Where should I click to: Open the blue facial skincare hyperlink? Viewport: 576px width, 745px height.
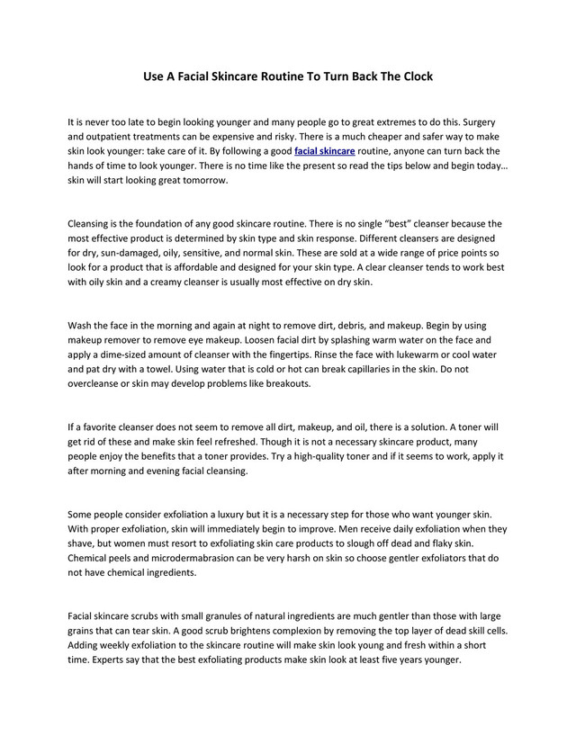tap(324, 151)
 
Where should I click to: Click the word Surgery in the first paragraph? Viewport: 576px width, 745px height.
tap(470, 121)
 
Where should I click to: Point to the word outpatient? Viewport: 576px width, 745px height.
tap(119, 137)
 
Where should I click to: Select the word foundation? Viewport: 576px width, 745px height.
tap(176, 222)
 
